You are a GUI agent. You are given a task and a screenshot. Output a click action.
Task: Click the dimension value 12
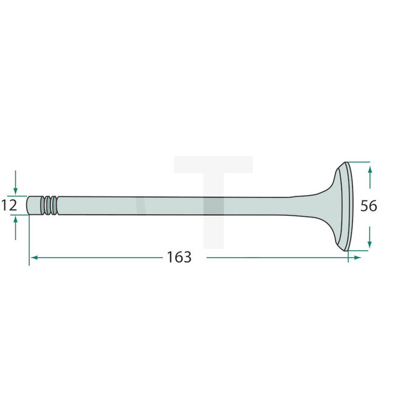pos(9,205)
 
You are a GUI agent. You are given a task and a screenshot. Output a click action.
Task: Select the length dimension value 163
pos(179,257)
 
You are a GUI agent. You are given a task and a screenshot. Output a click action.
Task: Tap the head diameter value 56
pos(368,206)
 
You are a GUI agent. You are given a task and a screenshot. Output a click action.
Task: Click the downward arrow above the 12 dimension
pos(16,183)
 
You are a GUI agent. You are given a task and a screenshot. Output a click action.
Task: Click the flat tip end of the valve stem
pos(29,205)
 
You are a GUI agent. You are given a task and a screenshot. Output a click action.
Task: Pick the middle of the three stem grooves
pos(49,205)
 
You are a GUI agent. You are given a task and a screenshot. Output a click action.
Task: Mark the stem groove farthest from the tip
pos(55,205)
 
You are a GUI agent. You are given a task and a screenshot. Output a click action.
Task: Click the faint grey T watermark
pos(213,182)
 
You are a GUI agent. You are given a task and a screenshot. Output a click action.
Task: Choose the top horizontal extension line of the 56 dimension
pos(359,162)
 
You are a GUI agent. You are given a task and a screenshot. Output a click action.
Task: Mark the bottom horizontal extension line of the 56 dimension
pos(359,250)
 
